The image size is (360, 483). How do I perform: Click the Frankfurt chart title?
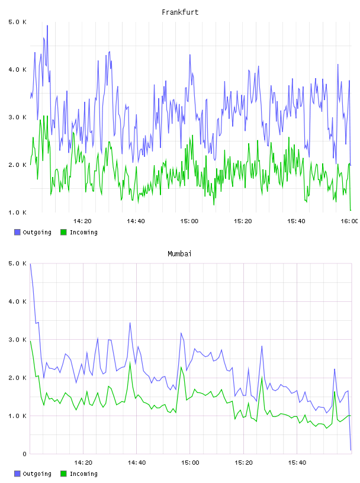click(x=180, y=12)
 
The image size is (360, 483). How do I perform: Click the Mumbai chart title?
click(x=179, y=254)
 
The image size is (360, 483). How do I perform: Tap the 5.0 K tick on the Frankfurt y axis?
click(x=17, y=22)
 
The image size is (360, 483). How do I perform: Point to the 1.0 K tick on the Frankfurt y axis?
click(x=17, y=212)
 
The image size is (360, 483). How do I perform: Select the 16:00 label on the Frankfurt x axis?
click(x=349, y=221)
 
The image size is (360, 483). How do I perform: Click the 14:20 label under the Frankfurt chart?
click(x=83, y=221)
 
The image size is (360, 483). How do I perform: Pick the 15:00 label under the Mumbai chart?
click(x=190, y=463)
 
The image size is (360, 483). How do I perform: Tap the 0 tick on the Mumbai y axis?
click(x=25, y=454)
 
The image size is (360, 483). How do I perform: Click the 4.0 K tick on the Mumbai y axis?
click(x=17, y=301)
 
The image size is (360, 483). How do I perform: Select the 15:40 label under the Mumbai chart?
click(x=297, y=463)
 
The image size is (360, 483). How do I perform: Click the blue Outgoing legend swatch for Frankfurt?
click(x=17, y=232)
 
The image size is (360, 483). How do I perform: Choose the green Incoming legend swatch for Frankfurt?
click(x=63, y=232)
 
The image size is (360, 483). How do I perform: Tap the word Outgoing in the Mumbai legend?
click(x=37, y=474)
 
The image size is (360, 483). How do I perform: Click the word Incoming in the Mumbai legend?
click(x=83, y=474)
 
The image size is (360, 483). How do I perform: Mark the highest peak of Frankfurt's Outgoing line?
click(x=47, y=25)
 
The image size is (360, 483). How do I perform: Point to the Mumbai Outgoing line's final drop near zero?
click(x=351, y=450)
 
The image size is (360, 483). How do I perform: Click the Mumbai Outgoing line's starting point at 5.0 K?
click(x=30, y=263)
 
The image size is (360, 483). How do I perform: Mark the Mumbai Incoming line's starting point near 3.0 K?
click(x=30, y=341)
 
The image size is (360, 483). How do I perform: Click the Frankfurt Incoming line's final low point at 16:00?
click(x=351, y=210)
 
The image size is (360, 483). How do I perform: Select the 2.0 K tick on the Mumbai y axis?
click(x=17, y=378)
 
